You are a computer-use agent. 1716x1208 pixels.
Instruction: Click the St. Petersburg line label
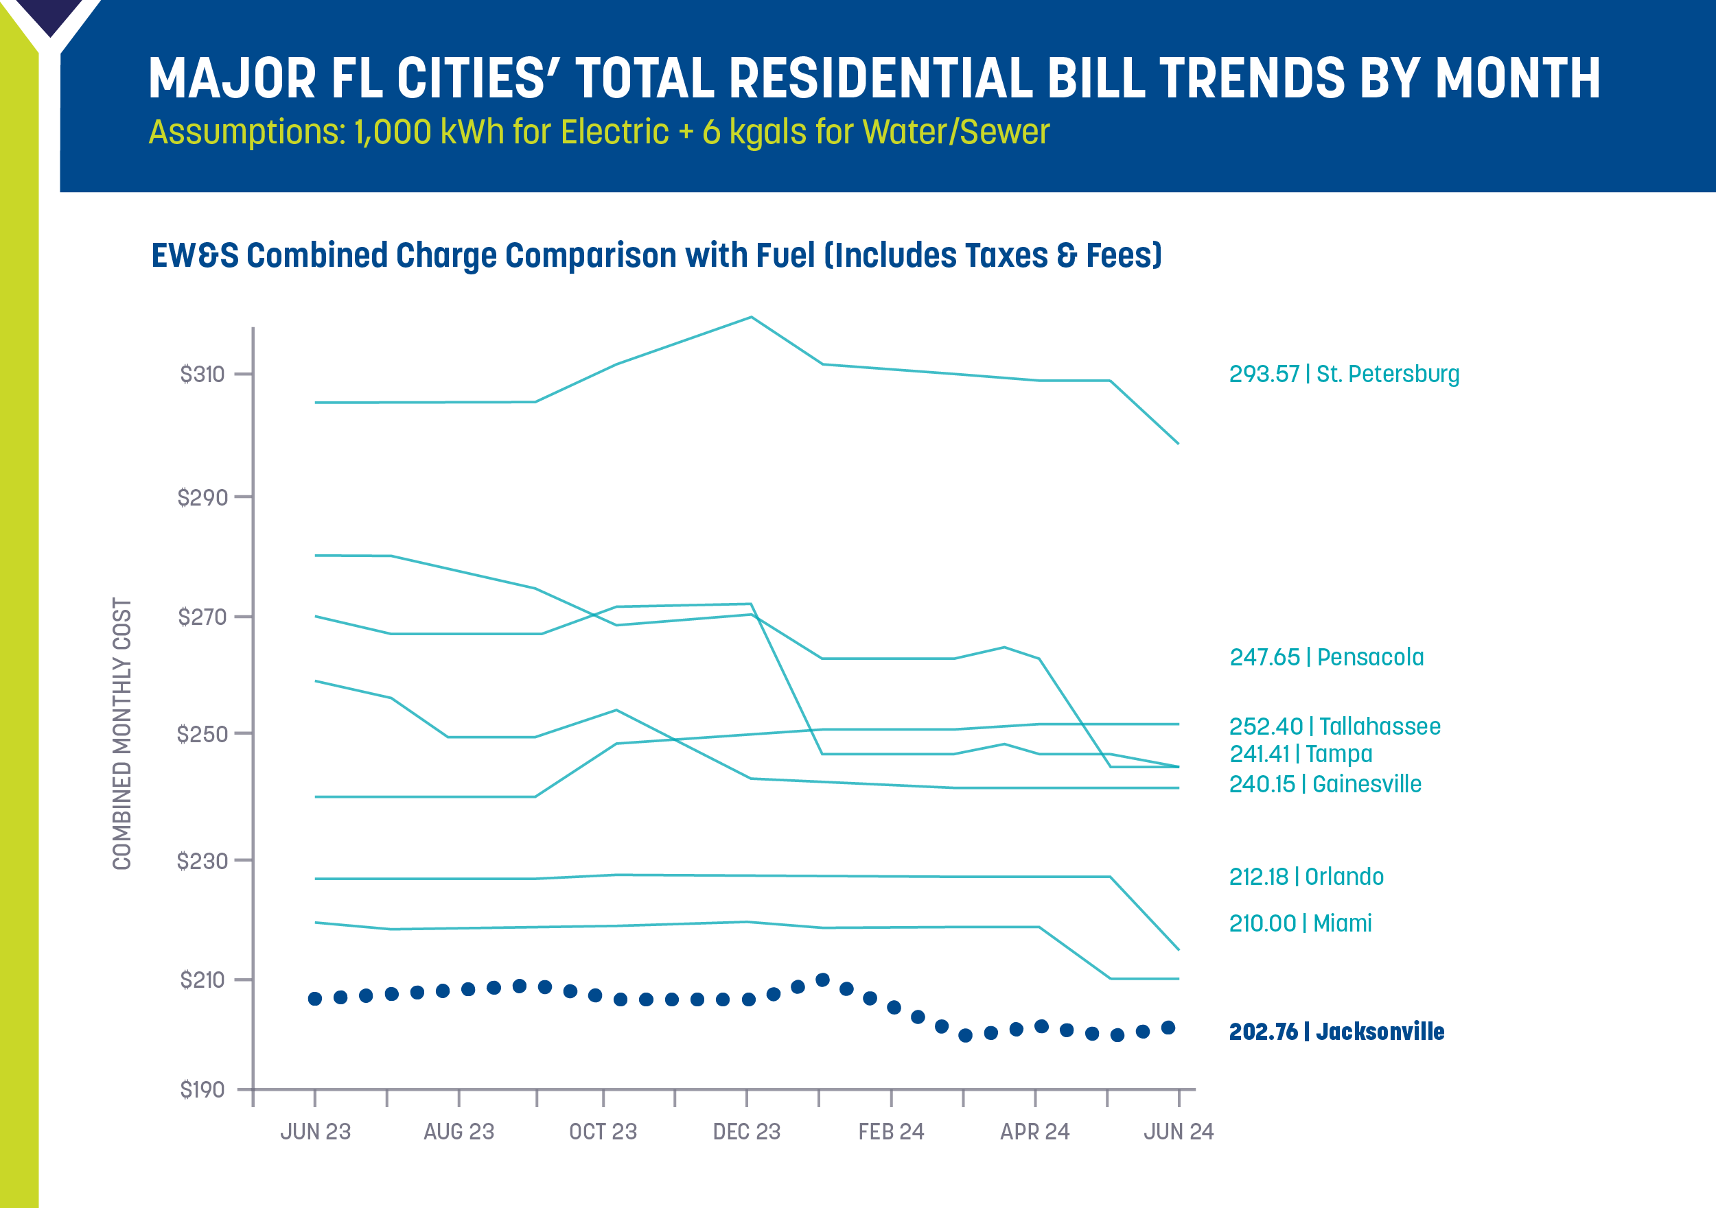tap(1343, 375)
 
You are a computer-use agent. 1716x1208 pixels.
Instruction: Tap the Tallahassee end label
tap(1334, 726)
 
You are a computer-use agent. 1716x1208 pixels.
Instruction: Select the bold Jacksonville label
tap(1336, 1032)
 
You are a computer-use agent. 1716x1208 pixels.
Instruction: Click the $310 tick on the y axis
tap(202, 375)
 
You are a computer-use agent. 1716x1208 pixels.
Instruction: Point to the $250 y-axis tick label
tap(202, 735)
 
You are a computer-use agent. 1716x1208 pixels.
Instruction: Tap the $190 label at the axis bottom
tap(202, 1090)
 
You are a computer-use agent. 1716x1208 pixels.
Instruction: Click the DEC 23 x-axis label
tap(746, 1132)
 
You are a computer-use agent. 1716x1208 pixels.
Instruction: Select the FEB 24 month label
tap(891, 1132)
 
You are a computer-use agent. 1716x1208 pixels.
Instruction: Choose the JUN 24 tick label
tap(1178, 1132)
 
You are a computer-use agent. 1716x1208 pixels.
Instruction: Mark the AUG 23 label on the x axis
tap(459, 1132)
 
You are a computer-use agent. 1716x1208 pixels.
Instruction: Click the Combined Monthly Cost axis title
tap(121, 733)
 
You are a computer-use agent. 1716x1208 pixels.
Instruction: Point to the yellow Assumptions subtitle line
tap(599, 132)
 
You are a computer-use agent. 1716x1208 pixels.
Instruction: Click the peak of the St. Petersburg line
tap(751, 318)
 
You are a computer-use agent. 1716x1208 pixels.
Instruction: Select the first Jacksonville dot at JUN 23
tap(314, 999)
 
